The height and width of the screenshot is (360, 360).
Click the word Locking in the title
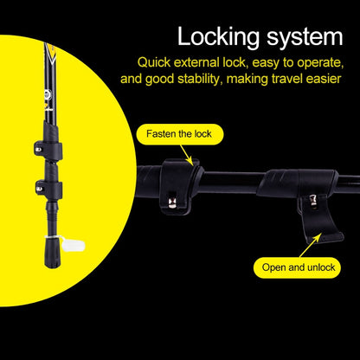(x=218, y=37)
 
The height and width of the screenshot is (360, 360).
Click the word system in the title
(x=305, y=37)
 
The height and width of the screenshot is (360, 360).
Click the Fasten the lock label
(x=179, y=134)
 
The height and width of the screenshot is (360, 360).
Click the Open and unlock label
(x=299, y=267)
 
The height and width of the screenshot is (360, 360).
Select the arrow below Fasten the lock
(x=186, y=155)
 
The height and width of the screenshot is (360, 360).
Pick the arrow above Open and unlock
(x=311, y=246)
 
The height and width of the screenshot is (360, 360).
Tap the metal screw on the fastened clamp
(x=172, y=202)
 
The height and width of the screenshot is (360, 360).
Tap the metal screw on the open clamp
(x=313, y=201)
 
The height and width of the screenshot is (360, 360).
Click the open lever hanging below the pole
(x=321, y=219)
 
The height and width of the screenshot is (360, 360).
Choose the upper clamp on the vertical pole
(x=48, y=149)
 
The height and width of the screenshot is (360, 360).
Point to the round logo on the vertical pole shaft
(x=48, y=94)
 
